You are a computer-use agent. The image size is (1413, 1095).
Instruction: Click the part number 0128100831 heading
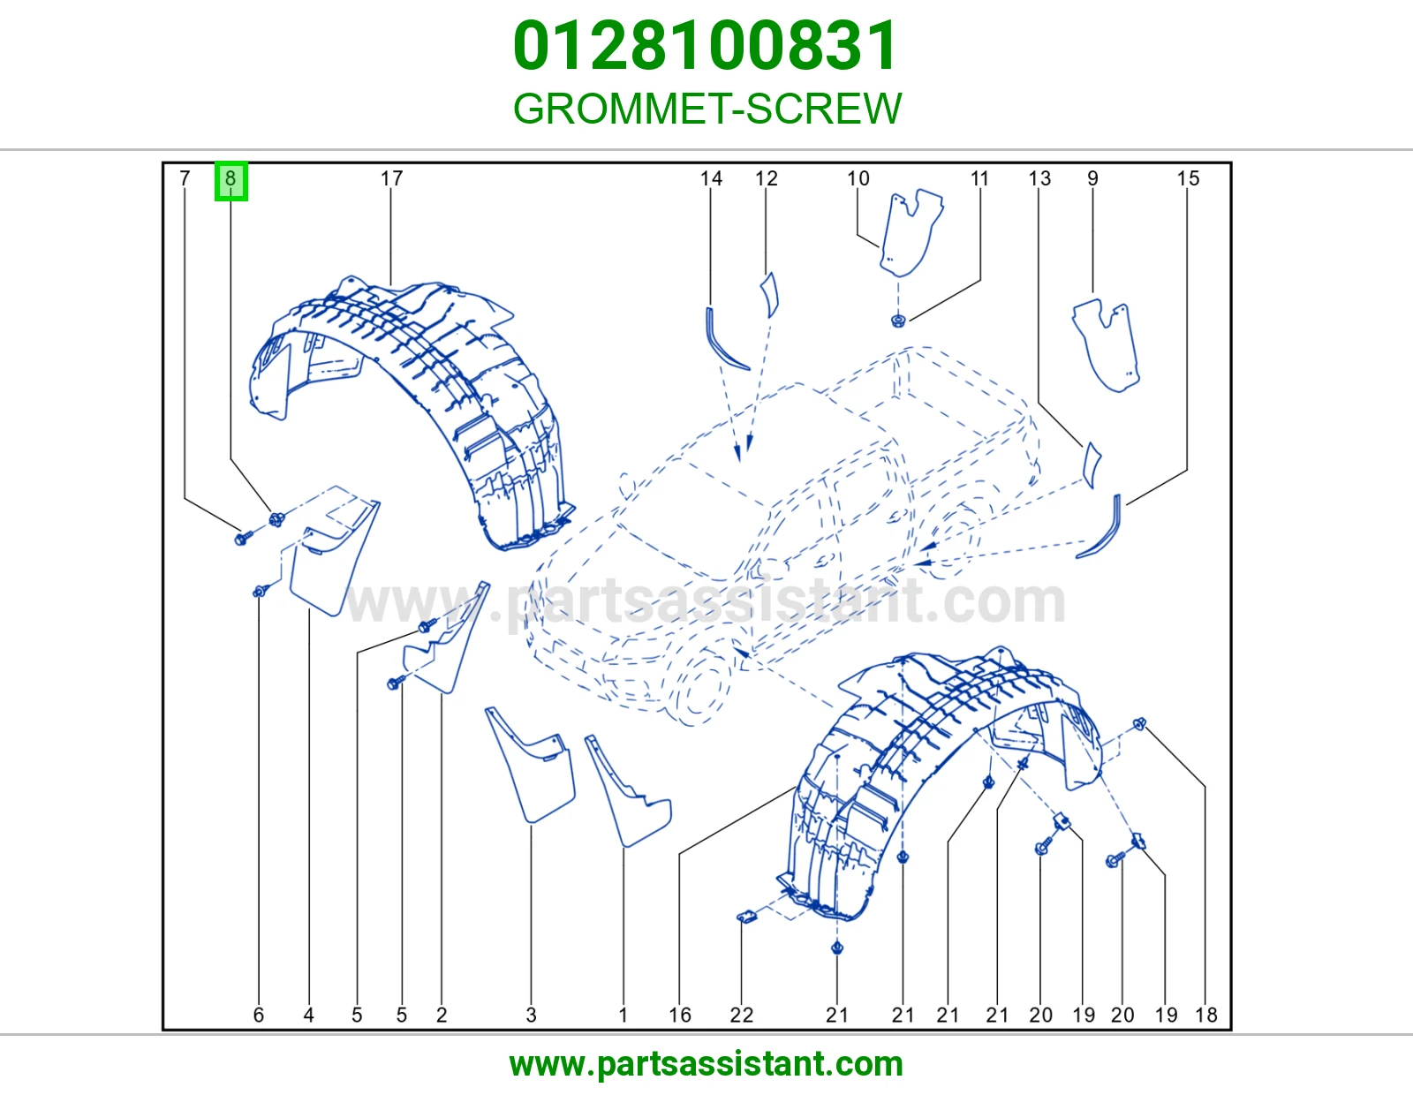click(x=706, y=46)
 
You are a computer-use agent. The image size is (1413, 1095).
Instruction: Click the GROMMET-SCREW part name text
click(x=706, y=108)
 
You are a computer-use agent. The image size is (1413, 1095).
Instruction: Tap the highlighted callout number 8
click(x=230, y=180)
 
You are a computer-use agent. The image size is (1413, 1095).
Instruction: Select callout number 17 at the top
click(x=391, y=178)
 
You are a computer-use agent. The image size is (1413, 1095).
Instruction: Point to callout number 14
click(x=711, y=178)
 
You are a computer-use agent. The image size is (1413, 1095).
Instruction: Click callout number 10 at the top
click(x=858, y=178)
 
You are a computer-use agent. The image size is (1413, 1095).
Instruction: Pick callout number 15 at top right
click(x=1188, y=178)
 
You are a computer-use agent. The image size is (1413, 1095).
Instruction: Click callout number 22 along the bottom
click(x=741, y=1015)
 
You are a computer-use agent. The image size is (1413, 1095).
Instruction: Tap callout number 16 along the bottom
click(x=680, y=1015)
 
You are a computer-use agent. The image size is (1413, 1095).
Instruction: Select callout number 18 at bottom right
click(x=1206, y=1015)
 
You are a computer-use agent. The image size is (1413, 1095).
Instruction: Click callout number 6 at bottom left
click(x=258, y=1015)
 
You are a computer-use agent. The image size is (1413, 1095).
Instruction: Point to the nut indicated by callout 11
click(x=899, y=320)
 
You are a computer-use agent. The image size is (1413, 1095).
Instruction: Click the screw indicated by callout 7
click(x=243, y=537)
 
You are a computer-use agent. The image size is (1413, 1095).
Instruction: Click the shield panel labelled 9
click(x=1107, y=345)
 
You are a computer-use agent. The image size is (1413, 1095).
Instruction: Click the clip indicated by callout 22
click(x=747, y=917)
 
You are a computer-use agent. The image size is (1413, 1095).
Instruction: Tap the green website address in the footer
click(x=706, y=1064)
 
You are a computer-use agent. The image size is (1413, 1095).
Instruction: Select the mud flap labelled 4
click(x=333, y=559)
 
